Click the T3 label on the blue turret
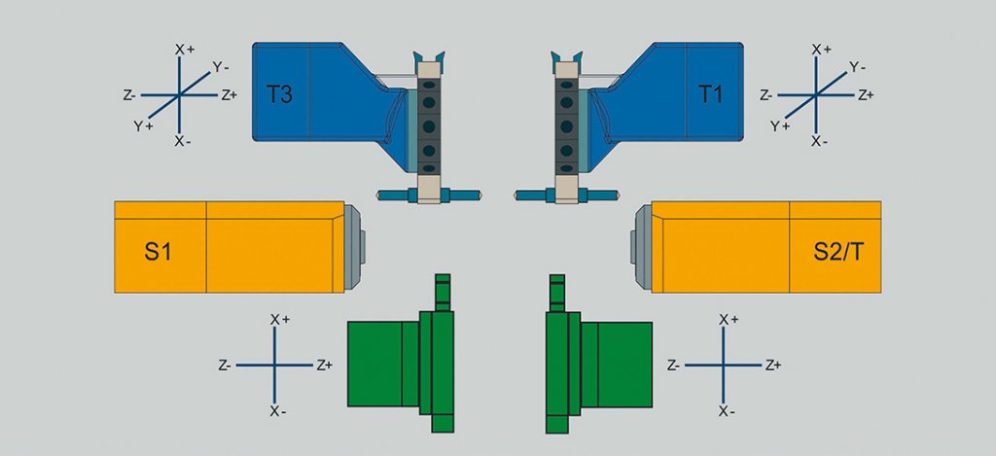point(280,95)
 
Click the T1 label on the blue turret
point(711,95)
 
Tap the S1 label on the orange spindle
point(159,252)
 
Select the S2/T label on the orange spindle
point(838,252)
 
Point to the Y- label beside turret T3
point(221,66)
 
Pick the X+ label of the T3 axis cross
point(184,50)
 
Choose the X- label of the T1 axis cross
point(819,141)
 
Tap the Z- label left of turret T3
point(130,95)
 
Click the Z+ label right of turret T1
point(866,95)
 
